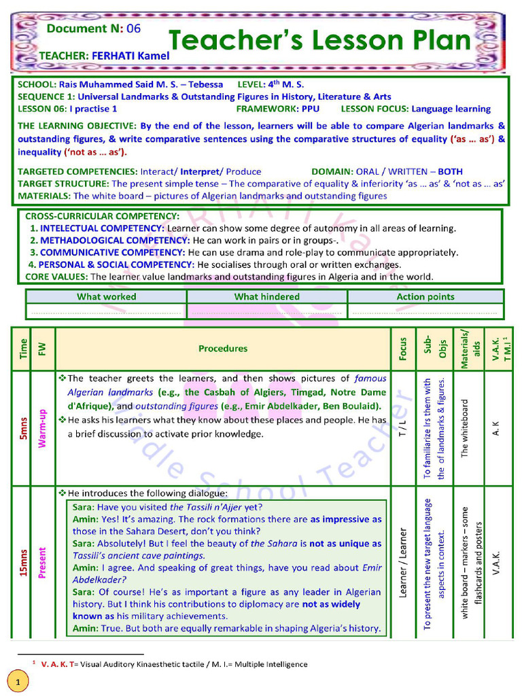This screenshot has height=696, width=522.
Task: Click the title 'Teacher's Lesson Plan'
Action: click(319, 41)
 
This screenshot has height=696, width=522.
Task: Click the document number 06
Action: click(134, 28)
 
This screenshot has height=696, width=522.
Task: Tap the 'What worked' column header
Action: click(106, 296)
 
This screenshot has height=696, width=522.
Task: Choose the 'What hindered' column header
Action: click(266, 296)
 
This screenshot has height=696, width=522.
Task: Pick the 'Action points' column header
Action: click(425, 296)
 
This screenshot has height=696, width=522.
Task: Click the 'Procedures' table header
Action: click(223, 349)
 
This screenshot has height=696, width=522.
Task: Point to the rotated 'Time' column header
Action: click(24, 348)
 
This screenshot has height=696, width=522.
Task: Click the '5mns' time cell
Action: click(24, 428)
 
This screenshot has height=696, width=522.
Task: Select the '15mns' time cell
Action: click(24, 562)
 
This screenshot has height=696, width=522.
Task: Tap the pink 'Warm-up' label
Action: click(43, 428)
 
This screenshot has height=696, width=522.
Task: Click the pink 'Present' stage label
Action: click(43, 562)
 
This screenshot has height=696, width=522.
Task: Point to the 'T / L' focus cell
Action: click(403, 428)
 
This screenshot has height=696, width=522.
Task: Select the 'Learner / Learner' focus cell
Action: click(403, 562)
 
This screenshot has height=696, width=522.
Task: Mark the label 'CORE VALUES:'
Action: click(56, 277)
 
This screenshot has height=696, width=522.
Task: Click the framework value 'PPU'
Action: click(310, 109)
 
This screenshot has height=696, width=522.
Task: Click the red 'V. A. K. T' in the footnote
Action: click(56, 664)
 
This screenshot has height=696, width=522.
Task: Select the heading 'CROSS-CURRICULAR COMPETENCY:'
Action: click(102, 216)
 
